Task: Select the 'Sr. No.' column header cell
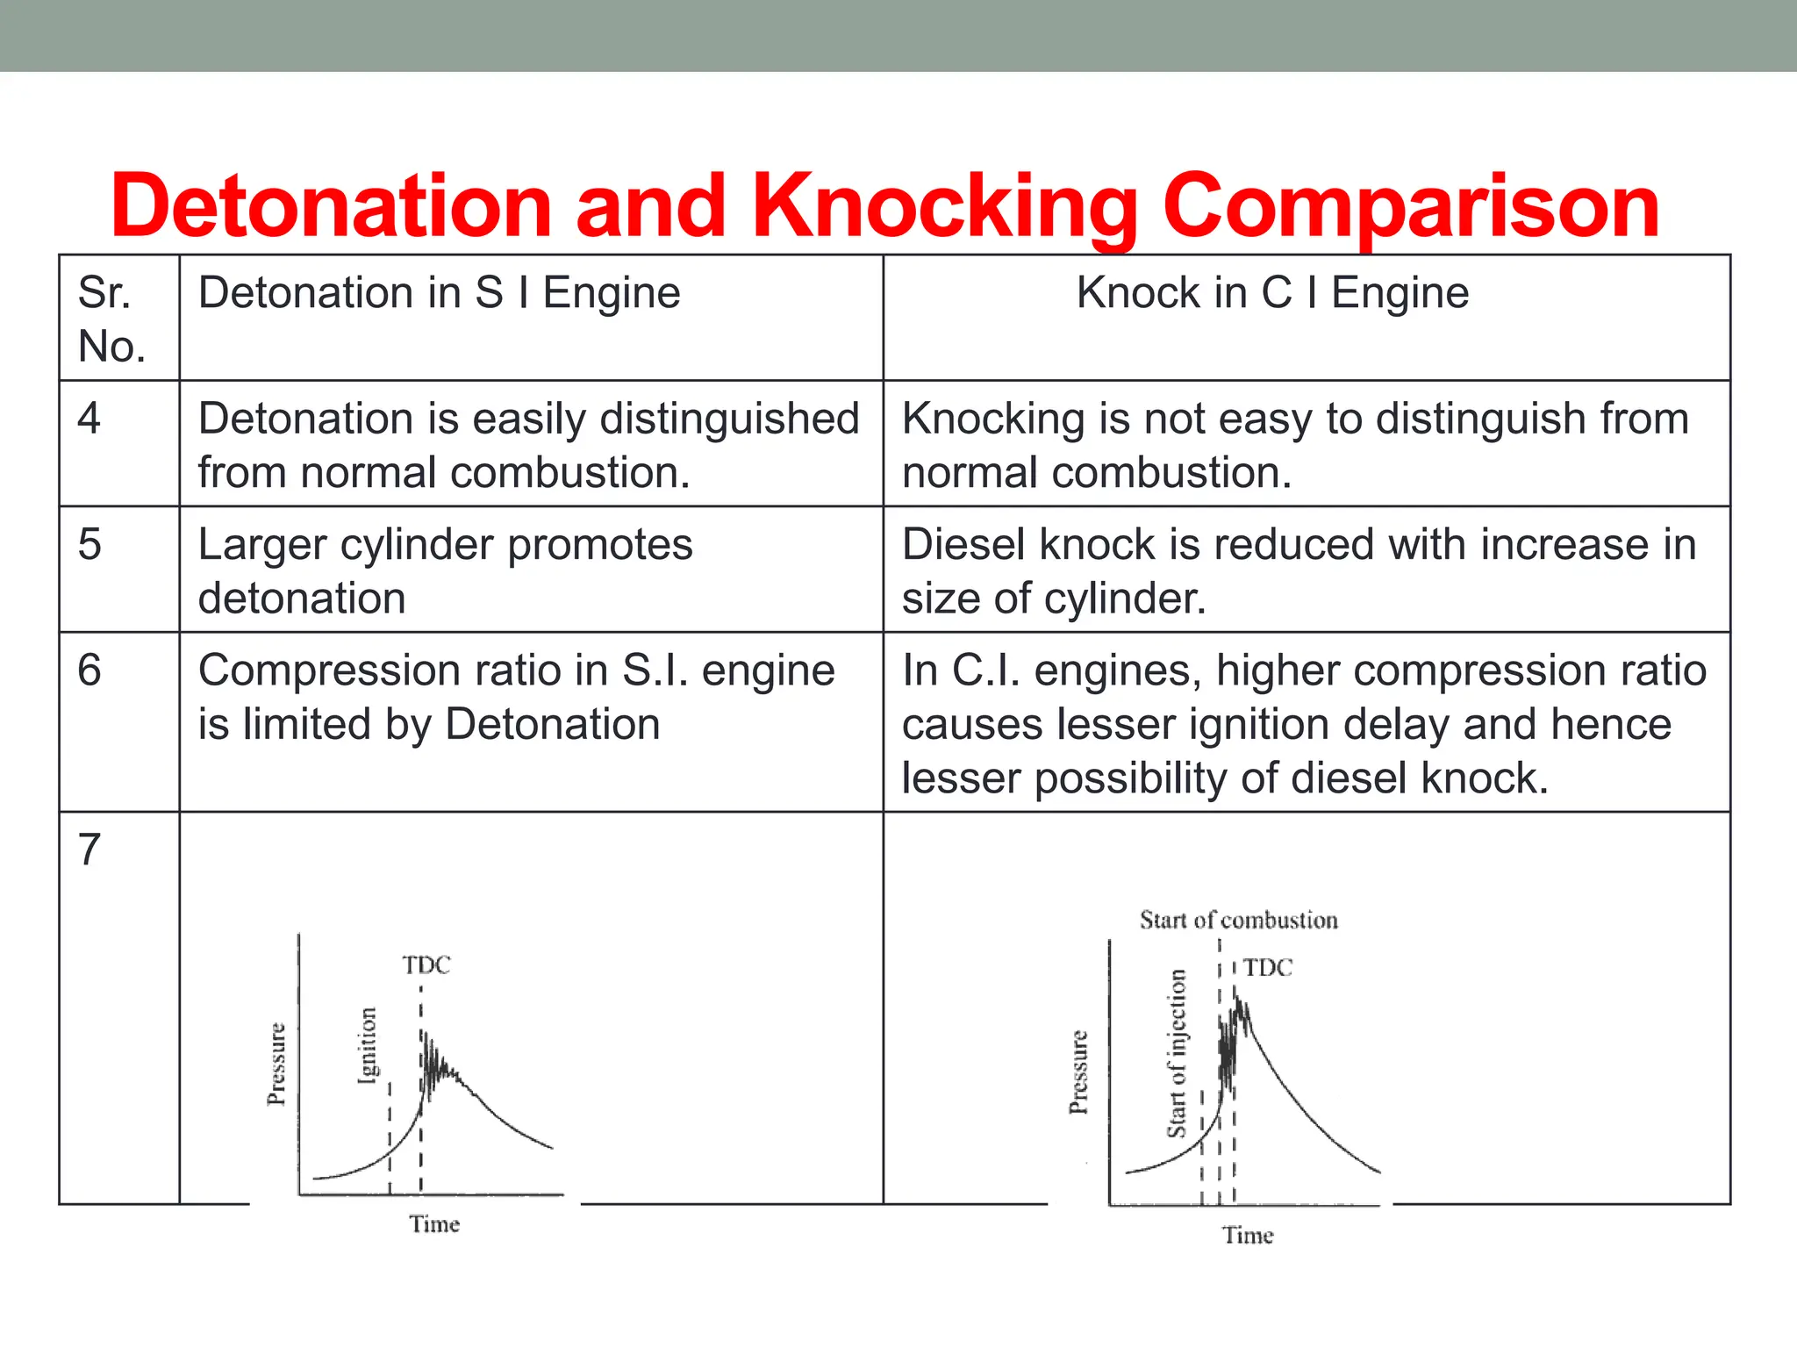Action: pyautogui.click(x=111, y=319)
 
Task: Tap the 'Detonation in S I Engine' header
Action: pyautogui.click(x=439, y=292)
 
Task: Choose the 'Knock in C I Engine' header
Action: pyautogui.click(x=1272, y=292)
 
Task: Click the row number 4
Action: pyautogui.click(x=89, y=418)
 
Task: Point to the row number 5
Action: pyautogui.click(x=89, y=544)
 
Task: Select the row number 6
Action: pyautogui.click(x=89, y=670)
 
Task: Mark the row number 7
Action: pyautogui.click(x=89, y=850)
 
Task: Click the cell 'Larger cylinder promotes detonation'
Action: pyautogui.click(x=445, y=570)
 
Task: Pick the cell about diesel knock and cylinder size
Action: pyautogui.click(x=1299, y=570)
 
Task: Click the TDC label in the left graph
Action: pyautogui.click(x=426, y=965)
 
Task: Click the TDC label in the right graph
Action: pyautogui.click(x=1268, y=968)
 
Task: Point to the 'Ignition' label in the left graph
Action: pyautogui.click(x=368, y=1045)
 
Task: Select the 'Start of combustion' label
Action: pyautogui.click(x=1238, y=921)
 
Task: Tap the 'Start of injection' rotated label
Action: pyautogui.click(x=1177, y=1053)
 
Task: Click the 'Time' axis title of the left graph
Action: pyautogui.click(x=434, y=1224)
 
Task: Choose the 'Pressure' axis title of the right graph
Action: pyautogui.click(x=1078, y=1072)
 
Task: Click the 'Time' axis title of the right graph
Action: pyautogui.click(x=1248, y=1236)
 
